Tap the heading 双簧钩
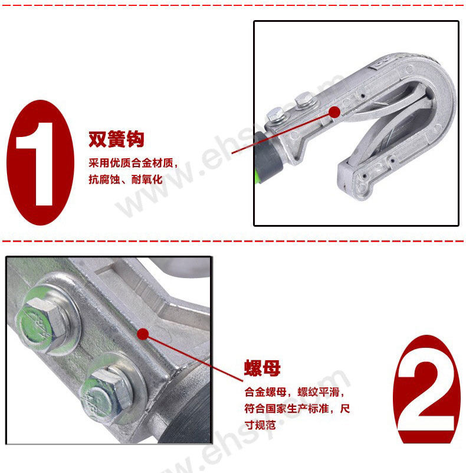click(116, 139)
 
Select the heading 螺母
click(262, 368)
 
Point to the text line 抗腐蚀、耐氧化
click(126, 180)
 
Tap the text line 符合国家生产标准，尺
click(297, 409)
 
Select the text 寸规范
click(260, 425)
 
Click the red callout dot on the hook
click(334, 112)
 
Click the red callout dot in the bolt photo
click(143, 334)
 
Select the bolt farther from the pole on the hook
click(305, 100)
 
